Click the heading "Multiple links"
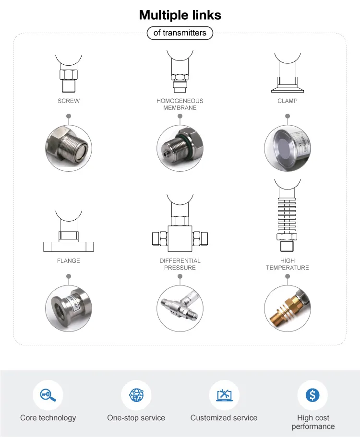(x=180, y=15)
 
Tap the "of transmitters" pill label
(x=180, y=33)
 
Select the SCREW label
(x=69, y=101)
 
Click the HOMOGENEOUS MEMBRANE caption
(x=180, y=105)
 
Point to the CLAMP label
(x=288, y=101)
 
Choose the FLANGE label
(x=69, y=261)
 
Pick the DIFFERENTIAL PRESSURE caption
(x=180, y=264)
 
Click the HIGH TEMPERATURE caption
(x=288, y=264)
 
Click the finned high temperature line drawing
(x=288, y=216)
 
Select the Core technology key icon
(x=48, y=395)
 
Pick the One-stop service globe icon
(x=136, y=395)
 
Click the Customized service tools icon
(x=224, y=395)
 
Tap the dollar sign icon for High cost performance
(x=313, y=395)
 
